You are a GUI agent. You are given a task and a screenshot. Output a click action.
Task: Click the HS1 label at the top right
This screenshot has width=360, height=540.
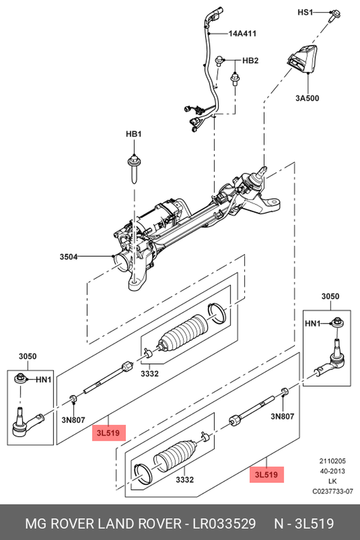[305, 12]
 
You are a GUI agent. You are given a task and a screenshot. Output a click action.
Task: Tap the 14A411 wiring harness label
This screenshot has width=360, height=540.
[242, 34]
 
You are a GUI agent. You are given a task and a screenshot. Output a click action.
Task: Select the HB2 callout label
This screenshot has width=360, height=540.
[250, 61]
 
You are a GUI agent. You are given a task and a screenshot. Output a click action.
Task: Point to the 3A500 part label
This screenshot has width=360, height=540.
[307, 98]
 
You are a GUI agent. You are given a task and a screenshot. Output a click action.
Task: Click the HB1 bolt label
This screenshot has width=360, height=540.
[134, 134]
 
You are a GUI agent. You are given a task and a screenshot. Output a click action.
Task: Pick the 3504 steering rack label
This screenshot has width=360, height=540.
[68, 256]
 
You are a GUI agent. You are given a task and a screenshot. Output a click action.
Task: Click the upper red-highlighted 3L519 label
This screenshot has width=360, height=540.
[108, 433]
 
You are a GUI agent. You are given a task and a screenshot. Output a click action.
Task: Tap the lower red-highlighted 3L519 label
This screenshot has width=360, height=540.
[266, 474]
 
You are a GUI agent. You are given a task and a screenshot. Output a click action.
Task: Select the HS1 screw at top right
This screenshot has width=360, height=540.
[335, 14]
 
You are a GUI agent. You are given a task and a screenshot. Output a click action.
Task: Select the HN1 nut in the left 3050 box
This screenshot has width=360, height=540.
[20, 379]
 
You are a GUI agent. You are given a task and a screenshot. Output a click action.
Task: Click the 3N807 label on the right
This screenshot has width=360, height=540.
[282, 416]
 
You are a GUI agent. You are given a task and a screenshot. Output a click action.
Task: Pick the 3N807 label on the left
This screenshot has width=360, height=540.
[73, 420]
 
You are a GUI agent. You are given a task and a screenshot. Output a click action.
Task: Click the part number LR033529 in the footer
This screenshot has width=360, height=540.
[224, 523]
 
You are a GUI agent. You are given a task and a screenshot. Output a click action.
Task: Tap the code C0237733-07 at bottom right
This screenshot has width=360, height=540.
[333, 491]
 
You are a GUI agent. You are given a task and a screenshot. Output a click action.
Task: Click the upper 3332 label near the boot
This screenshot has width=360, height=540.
[149, 374]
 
